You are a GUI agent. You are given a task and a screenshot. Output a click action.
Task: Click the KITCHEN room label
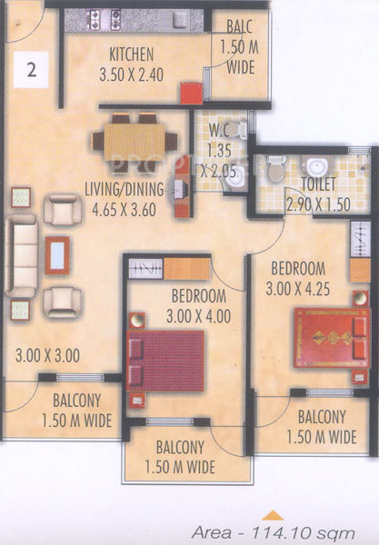pyautogui.click(x=130, y=53)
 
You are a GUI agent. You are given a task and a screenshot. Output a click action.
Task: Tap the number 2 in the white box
pyautogui.click(x=32, y=72)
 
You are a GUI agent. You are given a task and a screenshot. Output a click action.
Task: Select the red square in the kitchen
pyautogui.click(x=190, y=94)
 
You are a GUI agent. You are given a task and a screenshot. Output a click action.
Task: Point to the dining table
pyautogui.click(x=136, y=141)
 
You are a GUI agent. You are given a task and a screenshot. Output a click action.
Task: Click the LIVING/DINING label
pyautogui.click(x=125, y=190)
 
